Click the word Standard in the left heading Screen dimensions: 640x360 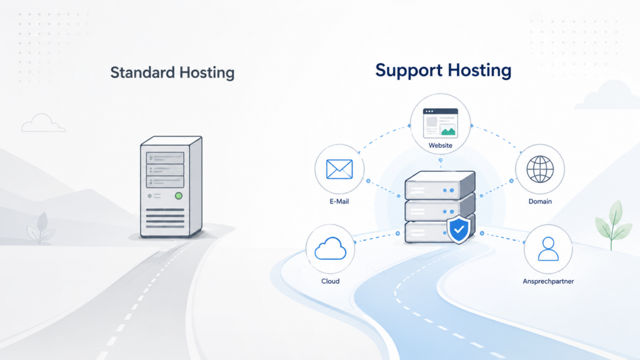[x=142, y=72]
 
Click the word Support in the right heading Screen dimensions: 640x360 [x=409, y=70]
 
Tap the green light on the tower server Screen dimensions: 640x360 [x=178, y=196]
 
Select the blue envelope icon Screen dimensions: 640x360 [x=339, y=169]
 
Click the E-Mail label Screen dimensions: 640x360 [x=339, y=201]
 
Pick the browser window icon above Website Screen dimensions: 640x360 [x=441, y=122]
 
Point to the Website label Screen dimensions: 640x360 [x=441, y=145]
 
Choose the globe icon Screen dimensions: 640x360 [x=540, y=169]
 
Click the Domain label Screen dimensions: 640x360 [x=540, y=201]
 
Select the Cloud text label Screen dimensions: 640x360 [x=330, y=281]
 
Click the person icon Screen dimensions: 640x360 [x=548, y=249]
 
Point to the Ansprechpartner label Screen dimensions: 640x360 [x=548, y=281]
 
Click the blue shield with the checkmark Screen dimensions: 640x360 [x=459, y=229]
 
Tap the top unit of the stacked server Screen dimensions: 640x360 [x=440, y=185]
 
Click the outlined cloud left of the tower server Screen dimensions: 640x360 [x=43, y=123]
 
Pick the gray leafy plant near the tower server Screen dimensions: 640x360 [x=41, y=228]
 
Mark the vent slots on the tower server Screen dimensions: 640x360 [x=165, y=218]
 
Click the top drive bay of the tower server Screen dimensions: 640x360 [x=165, y=158]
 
